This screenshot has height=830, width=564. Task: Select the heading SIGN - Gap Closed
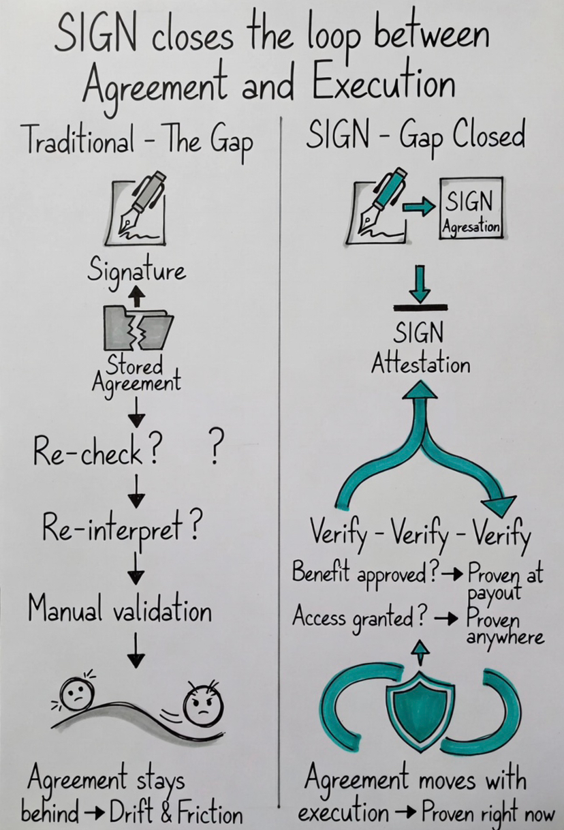(415, 136)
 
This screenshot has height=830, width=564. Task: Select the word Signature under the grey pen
(136, 271)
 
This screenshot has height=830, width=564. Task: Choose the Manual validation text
(120, 609)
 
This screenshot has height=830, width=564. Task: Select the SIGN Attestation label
(420, 349)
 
